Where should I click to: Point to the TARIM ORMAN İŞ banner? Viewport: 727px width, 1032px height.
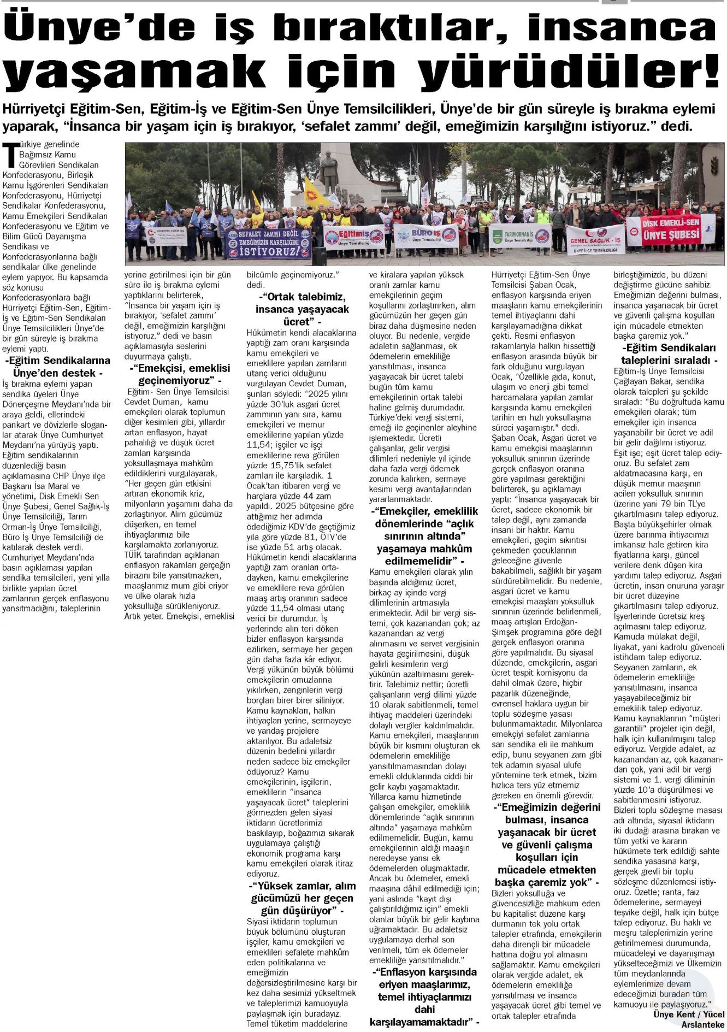pyautogui.click(x=511, y=237)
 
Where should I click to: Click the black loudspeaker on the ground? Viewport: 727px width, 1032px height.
pyautogui.click(x=319, y=256)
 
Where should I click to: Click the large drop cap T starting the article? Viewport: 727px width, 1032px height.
pyautogui.click(x=9, y=155)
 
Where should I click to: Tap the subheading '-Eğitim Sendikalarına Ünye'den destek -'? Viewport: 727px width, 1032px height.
pyautogui.click(x=58, y=367)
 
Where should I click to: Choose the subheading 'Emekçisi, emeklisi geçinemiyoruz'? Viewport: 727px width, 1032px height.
pyautogui.click(x=180, y=374)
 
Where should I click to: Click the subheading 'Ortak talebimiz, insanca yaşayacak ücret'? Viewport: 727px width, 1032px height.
pyautogui.click(x=302, y=309)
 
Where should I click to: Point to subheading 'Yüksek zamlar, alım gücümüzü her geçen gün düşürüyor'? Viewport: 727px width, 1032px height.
pyautogui.click(x=302, y=898)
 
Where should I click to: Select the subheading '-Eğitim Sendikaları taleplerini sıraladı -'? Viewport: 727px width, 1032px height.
pyautogui.click(x=669, y=354)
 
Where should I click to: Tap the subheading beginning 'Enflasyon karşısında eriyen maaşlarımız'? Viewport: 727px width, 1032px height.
pyautogui.click(x=424, y=996)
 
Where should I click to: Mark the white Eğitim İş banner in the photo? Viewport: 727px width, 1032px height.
pyautogui.click(x=355, y=237)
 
